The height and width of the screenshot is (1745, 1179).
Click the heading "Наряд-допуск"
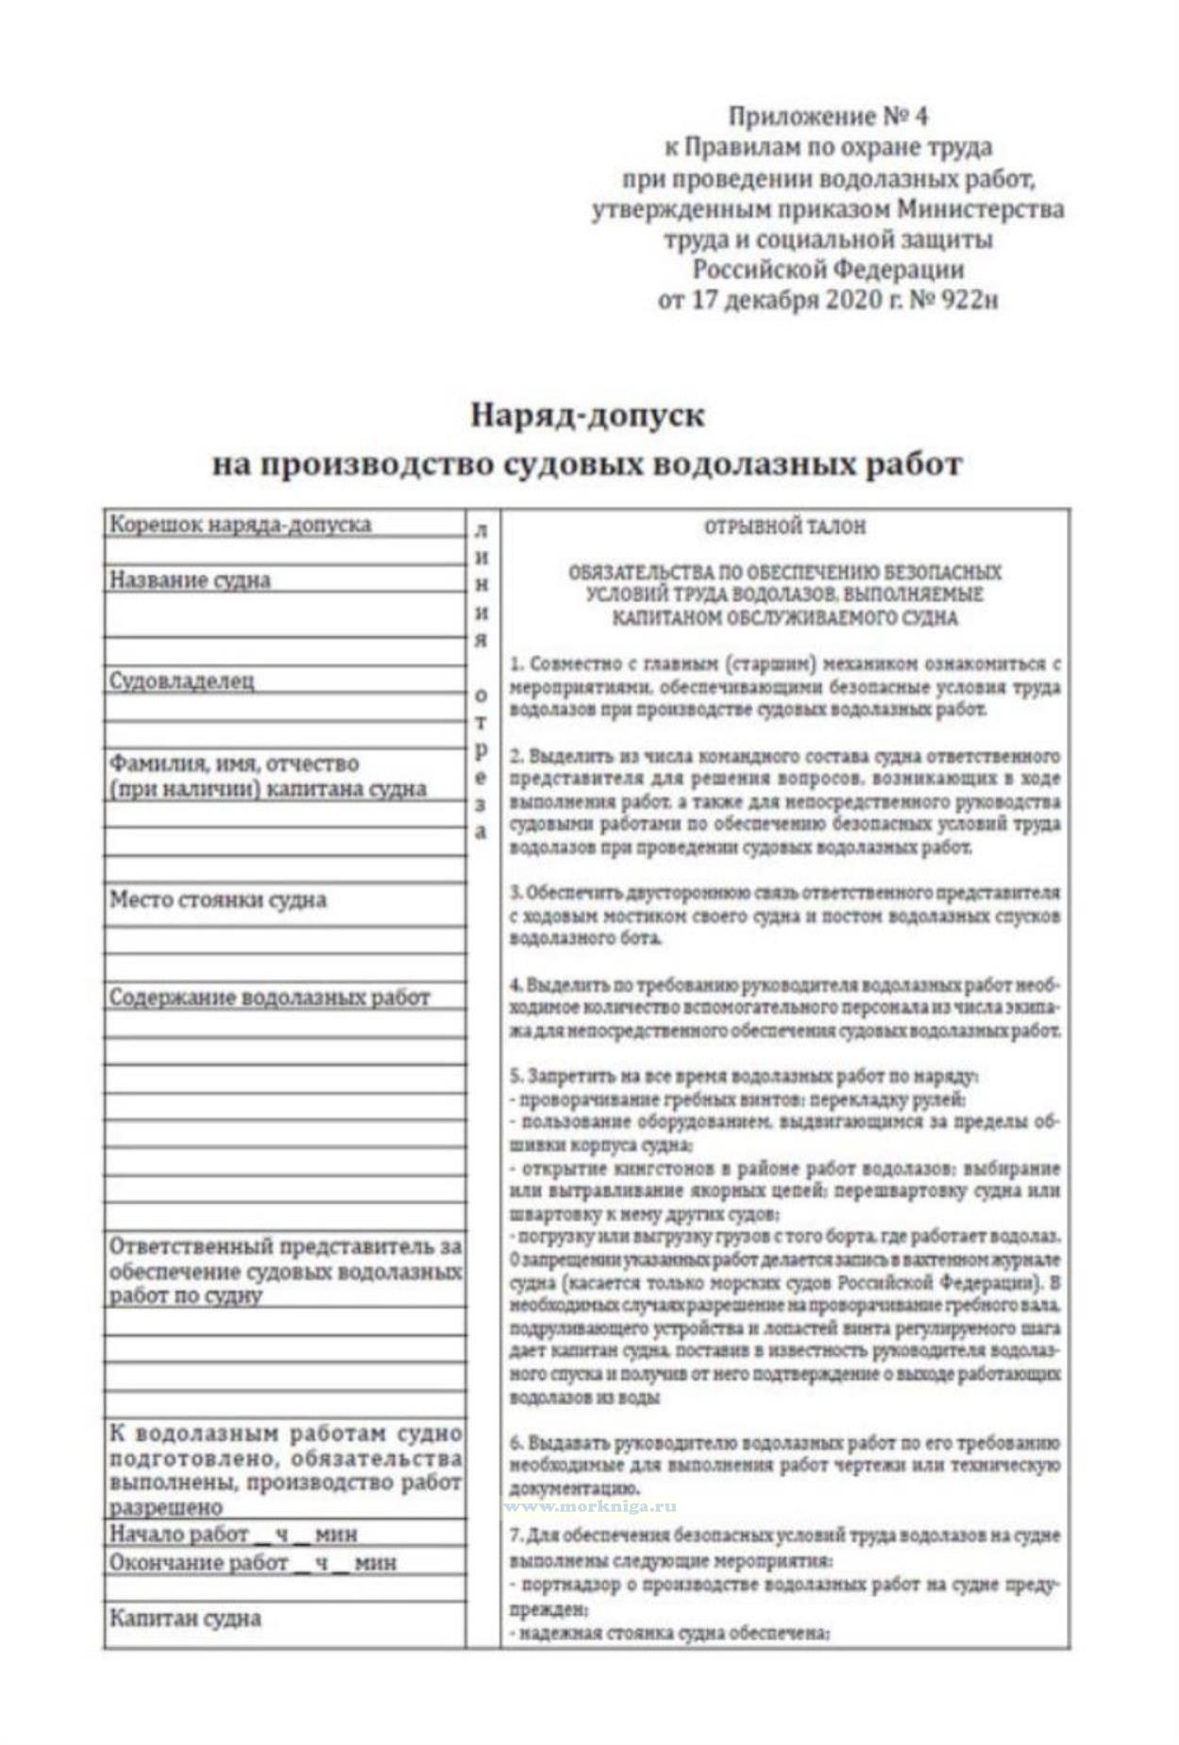pos(586,415)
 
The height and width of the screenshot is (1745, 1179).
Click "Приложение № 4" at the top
pos(827,116)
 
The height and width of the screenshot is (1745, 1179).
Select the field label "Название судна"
pos(190,579)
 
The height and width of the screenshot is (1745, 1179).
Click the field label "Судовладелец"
pos(181,680)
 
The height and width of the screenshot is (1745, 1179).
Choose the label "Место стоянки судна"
pos(217,898)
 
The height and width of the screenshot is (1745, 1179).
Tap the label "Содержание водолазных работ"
pos(269,998)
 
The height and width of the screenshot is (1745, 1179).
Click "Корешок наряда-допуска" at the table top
pos(240,524)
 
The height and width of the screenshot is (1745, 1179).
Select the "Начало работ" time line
pos(233,1534)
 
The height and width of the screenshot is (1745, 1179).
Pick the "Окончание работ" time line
pos(252,1562)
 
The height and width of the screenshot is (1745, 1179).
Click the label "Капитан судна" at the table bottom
pos(185,1618)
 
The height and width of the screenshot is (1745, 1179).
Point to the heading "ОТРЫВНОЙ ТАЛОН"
pos(784,527)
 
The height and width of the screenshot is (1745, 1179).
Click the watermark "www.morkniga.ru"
pos(590,1507)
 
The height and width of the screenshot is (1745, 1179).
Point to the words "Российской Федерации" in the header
pos(828,269)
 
